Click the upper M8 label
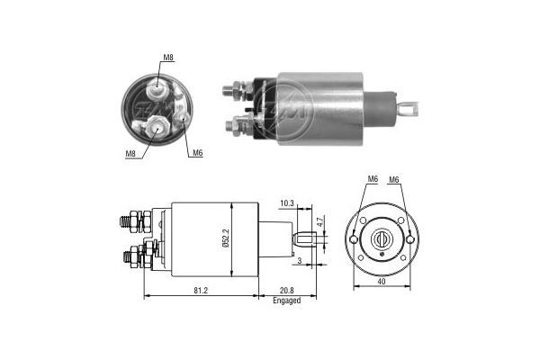(x=167, y=58)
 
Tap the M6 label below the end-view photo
(x=197, y=152)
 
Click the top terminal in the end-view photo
(x=158, y=86)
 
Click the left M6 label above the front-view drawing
(x=372, y=180)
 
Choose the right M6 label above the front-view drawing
(x=394, y=180)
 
